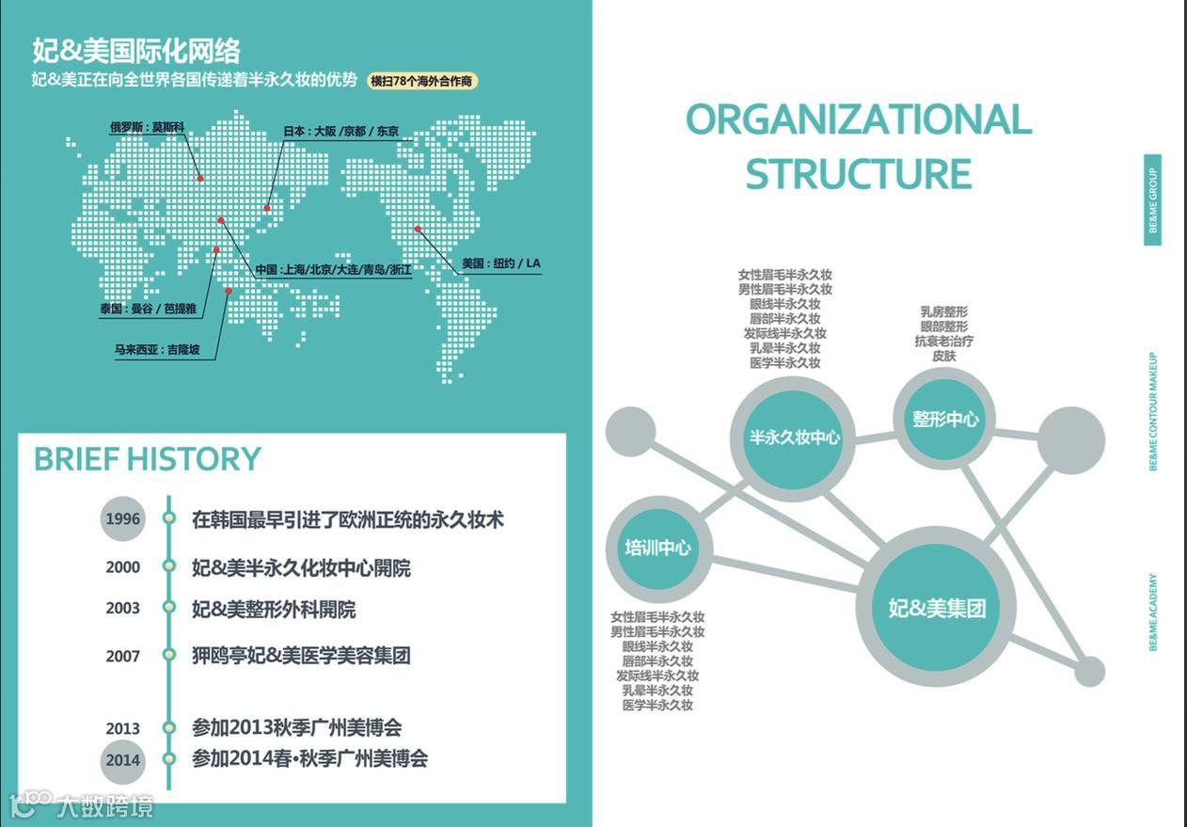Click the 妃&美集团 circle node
point(937,608)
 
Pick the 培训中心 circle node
point(657,548)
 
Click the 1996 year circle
point(123,518)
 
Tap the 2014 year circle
point(123,760)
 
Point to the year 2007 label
point(123,656)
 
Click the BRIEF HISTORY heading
point(148,459)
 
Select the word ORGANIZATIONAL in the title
point(858,119)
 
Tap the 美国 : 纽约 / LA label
point(501,263)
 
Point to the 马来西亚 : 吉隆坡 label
point(157,350)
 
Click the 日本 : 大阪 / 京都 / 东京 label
point(340,132)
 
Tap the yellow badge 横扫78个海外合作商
point(422,81)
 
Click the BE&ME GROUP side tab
point(1152,200)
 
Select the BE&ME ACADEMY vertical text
point(1152,612)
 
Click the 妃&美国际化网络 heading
point(136,50)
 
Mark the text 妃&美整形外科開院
point(274,609)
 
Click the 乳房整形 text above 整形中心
point(943,311)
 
